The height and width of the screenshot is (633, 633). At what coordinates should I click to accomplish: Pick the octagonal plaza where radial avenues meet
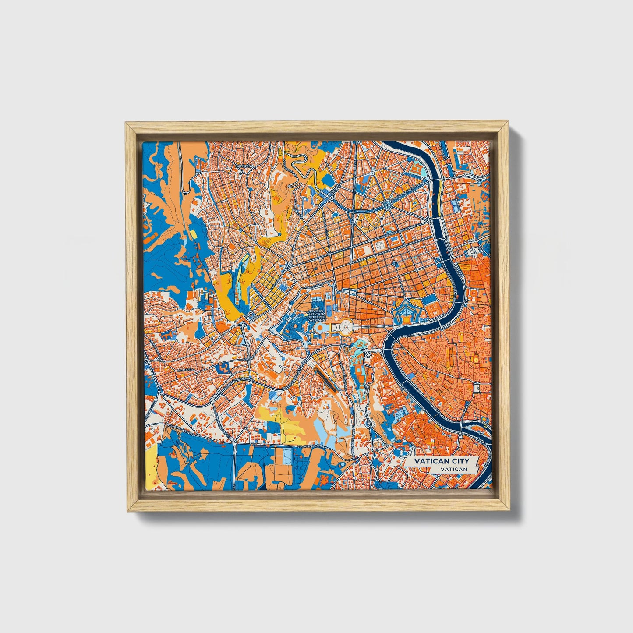(x=387, y=204)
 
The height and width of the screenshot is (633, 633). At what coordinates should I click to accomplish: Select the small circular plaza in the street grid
(x=394, y=263)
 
